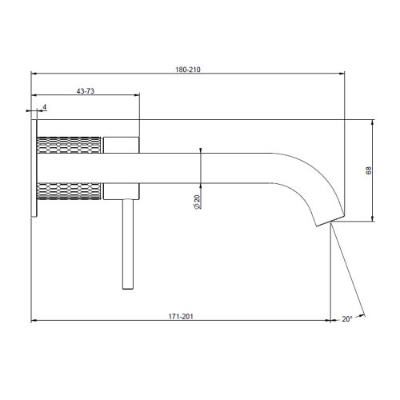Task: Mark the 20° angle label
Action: (x=346, y=318)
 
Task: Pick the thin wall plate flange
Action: (x=34, y=168)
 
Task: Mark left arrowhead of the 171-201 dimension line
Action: (x=33, y=322)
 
